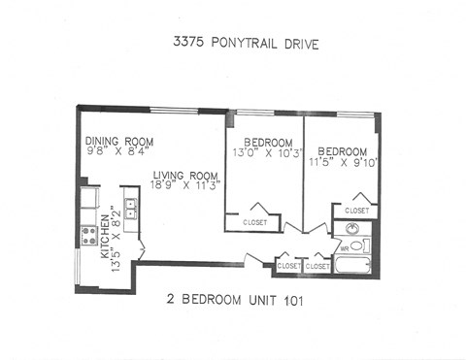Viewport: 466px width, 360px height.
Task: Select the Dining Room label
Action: coord(118,142)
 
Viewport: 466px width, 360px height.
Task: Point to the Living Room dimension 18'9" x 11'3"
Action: coord(186,184)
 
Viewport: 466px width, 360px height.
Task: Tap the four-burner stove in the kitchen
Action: coord(89,236)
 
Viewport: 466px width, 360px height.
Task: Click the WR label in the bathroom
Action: coord(344,248)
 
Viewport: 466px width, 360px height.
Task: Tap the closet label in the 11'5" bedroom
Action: coord(356,210)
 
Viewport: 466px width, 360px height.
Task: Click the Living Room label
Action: coord(185,175)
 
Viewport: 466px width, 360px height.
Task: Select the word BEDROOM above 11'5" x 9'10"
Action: coord(343,151)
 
